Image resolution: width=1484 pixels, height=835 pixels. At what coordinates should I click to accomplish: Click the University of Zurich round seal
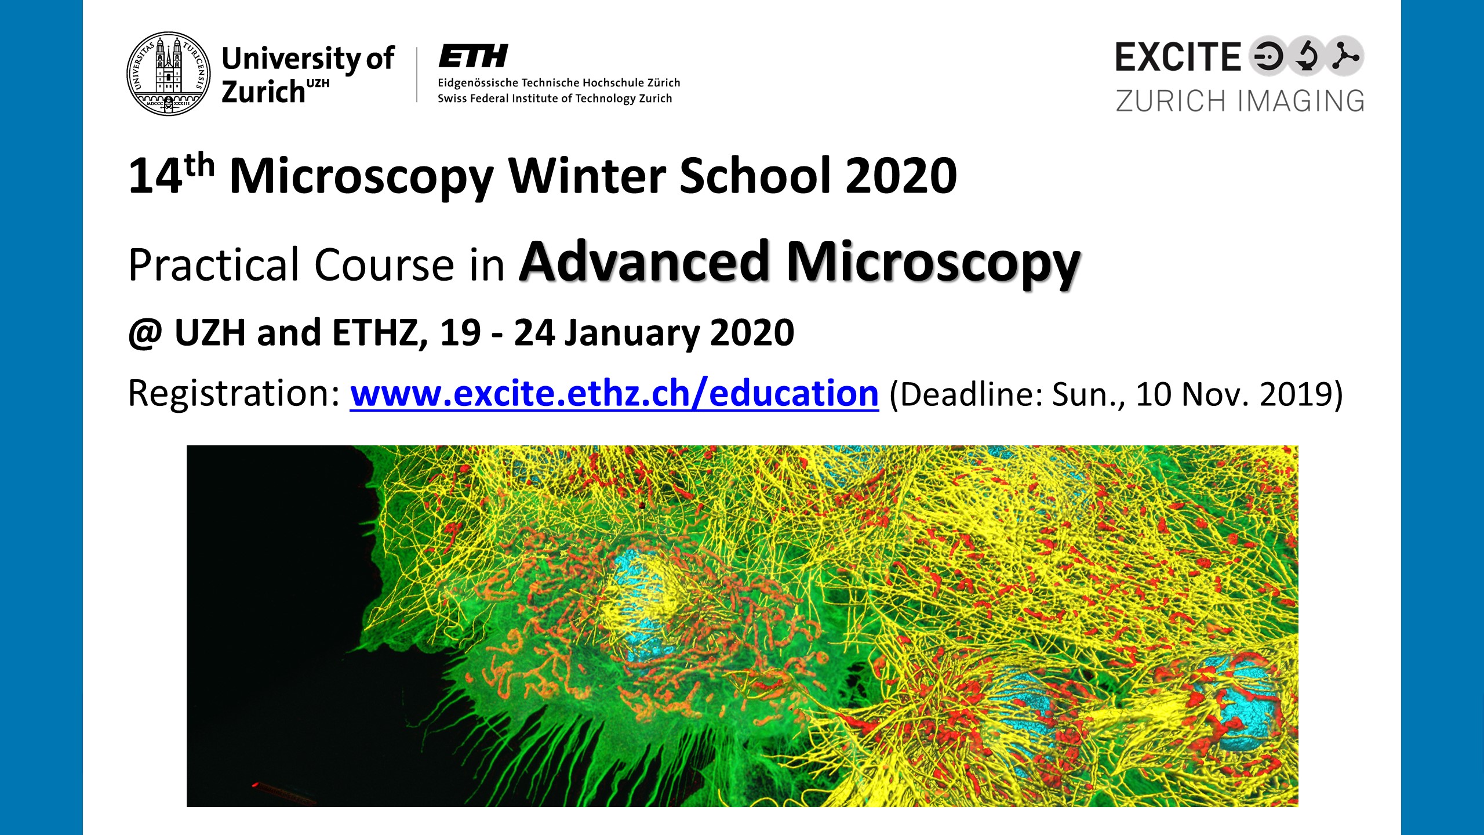(x=169, y=74)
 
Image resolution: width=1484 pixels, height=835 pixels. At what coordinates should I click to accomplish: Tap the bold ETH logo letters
(x=473, y=56)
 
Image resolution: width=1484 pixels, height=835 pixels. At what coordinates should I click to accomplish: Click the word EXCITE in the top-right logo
(x=1178, y=57)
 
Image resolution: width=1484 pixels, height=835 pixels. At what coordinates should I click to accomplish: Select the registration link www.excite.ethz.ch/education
(x=614, y=394)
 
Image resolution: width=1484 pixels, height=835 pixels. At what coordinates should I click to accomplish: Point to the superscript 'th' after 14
(x=200, y=165)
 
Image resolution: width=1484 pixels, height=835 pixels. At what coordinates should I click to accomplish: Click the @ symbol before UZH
(x=145, y=334)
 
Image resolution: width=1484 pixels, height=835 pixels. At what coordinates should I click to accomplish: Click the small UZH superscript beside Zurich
(x=318, y=83)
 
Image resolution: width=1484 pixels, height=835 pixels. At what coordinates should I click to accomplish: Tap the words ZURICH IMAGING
(x=1240, y=101)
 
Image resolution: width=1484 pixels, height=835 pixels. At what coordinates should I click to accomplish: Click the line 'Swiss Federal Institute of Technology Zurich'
(x=555, y=99)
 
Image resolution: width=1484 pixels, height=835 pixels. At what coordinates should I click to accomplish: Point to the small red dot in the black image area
(x=254, y=785)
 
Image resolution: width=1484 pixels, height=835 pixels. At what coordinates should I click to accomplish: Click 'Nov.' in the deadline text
(x=1215, y=394)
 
